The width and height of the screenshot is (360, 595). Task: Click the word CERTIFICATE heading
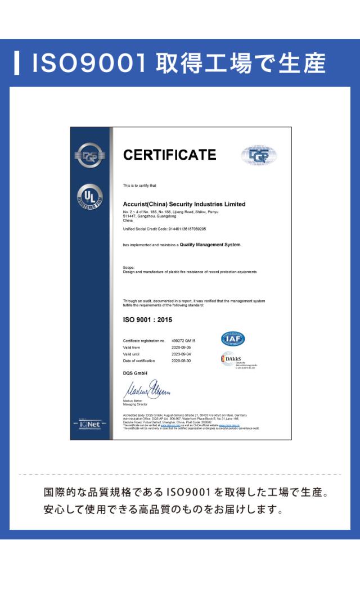[x=169, y=155]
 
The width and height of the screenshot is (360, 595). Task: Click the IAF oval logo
[x=232, y=339]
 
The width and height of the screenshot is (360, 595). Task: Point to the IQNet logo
[x=90, y=425]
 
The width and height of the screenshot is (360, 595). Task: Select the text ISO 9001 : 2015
[x=147, y=319]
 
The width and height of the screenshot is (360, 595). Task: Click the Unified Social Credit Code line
[x=164, y=229]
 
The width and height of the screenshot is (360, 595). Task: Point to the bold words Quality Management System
[x=214, y=245]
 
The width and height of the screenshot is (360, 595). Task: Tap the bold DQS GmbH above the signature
[x=134, y=373]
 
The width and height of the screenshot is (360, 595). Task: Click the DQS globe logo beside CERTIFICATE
[x=259, y=155]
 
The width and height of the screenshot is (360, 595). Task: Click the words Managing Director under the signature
[x=134, y=404]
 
